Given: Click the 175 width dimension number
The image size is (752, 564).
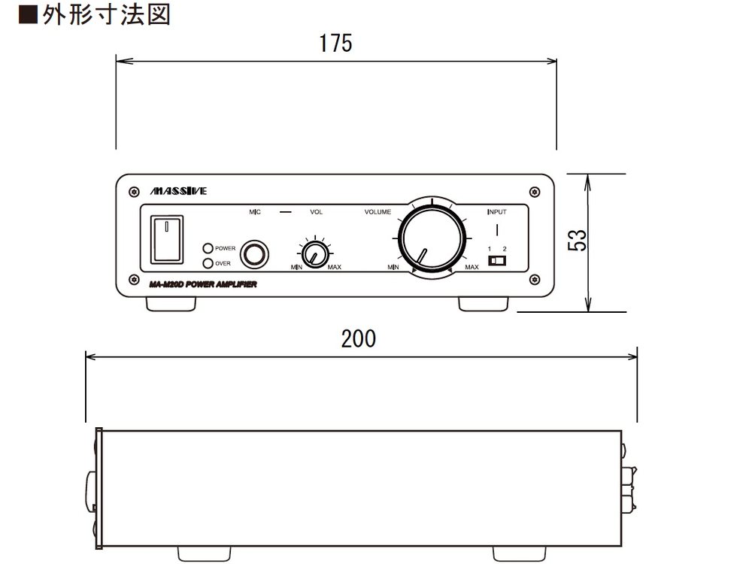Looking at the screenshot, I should tap(335, 44).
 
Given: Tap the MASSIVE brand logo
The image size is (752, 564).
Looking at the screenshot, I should tap(179, 191).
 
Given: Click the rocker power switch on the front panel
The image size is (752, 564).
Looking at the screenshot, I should tap(166, 240).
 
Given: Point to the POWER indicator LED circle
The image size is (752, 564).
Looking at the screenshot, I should tap(208, 248).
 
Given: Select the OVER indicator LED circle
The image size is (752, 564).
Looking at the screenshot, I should tap(208, 263).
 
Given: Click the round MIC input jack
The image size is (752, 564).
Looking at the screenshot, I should tap(254, 255).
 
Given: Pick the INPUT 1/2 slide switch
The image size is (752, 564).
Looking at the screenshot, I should tap(497, 261).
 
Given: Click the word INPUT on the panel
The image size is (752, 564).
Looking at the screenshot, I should tap(496, 212).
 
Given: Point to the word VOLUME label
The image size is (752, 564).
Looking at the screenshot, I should tap(378, 212).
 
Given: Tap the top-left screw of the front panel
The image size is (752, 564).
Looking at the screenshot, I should tap(133, 190).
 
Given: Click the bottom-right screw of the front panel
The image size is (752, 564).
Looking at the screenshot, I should tap(535, 281).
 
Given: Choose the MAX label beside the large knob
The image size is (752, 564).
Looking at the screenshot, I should tap(472, 268).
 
